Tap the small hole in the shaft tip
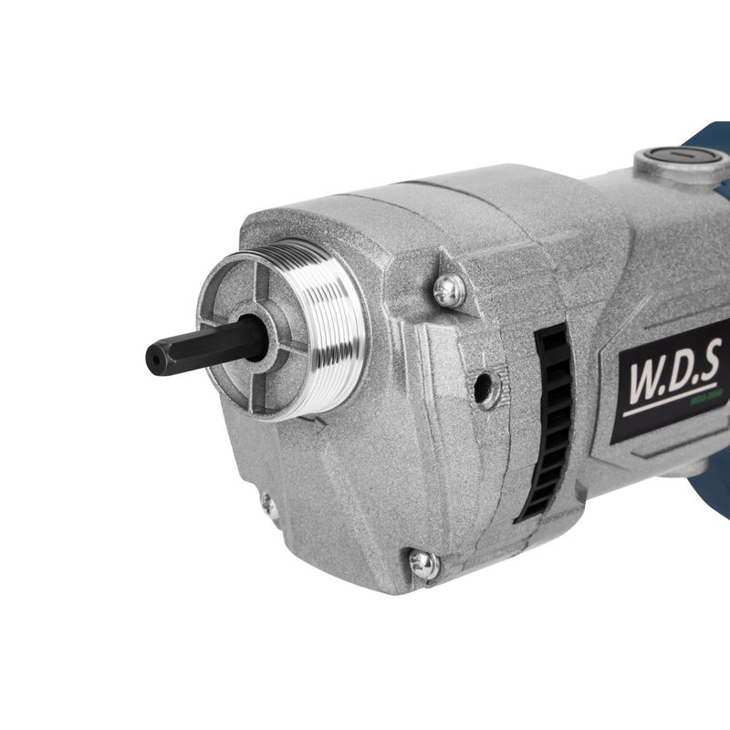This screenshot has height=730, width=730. (x=152, y=359)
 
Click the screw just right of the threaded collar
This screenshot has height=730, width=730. (x=448, y=290)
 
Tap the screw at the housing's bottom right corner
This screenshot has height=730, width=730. (x=422, y=562)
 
